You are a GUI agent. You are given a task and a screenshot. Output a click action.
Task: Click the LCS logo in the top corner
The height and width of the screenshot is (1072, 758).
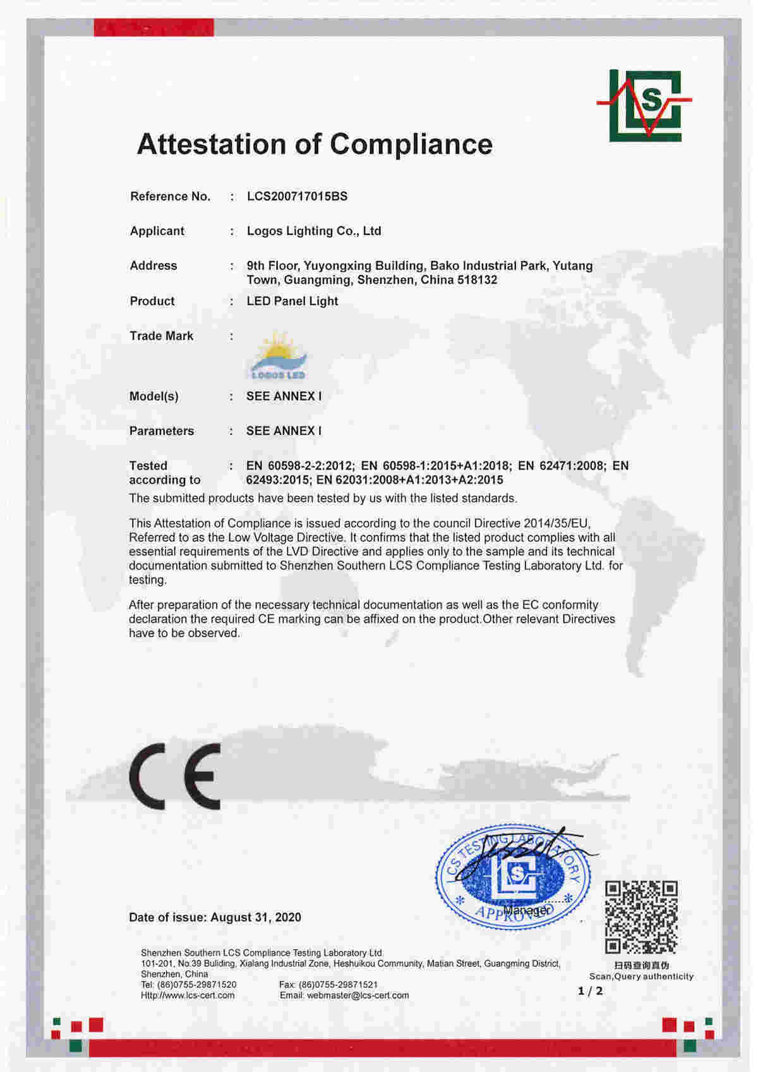(645, 106)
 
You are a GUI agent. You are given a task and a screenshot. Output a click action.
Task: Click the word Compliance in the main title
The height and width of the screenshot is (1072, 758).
(411, 144)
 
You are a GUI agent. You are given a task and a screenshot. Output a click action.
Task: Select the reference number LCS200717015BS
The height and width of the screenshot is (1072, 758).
(297, 196)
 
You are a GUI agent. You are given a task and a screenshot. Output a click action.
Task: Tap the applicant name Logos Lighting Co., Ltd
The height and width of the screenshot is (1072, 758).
(314, 231)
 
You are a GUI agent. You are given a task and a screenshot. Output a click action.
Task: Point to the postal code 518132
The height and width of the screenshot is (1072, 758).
(477, 280)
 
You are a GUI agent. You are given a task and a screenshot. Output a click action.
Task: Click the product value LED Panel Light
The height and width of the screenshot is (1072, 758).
(292, 301)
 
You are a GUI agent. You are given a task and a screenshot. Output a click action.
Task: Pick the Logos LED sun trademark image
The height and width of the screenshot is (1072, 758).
(279, 356)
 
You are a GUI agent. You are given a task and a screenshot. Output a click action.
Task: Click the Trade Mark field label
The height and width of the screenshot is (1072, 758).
(161, 336)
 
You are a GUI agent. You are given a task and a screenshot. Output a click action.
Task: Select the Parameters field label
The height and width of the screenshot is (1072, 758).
(161, 430)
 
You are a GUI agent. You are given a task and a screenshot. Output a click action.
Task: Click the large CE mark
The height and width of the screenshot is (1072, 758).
(175, 776)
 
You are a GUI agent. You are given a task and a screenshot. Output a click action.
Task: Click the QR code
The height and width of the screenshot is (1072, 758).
(641, 917)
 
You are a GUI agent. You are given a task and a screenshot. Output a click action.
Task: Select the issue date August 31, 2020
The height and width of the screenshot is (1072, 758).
(256, 917)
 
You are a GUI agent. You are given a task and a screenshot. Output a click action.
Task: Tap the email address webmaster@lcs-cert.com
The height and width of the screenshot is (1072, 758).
(358, 996)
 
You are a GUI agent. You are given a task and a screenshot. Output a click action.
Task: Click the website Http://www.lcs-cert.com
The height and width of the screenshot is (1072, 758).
(188, 996)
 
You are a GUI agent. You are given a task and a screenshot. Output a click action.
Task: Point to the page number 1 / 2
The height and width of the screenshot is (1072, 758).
(590, 991)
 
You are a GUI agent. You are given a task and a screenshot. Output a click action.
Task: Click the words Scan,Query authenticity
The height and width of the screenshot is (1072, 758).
(641, 977)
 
